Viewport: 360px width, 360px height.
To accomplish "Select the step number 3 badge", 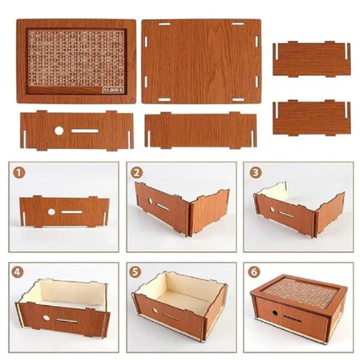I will (254, 174).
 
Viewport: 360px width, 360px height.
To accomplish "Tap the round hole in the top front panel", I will (59, 131).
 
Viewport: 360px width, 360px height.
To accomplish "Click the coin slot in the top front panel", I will (85, 131).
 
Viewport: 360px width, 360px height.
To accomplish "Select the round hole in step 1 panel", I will (51, 212).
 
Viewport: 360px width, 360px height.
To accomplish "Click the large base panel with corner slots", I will (200, 61).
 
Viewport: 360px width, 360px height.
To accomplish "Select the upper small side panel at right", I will (311, 59).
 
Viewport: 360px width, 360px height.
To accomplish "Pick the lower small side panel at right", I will (311, 118).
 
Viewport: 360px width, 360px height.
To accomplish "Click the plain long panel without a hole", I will (200, 131).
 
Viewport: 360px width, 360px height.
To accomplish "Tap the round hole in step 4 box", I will (46, 317).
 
